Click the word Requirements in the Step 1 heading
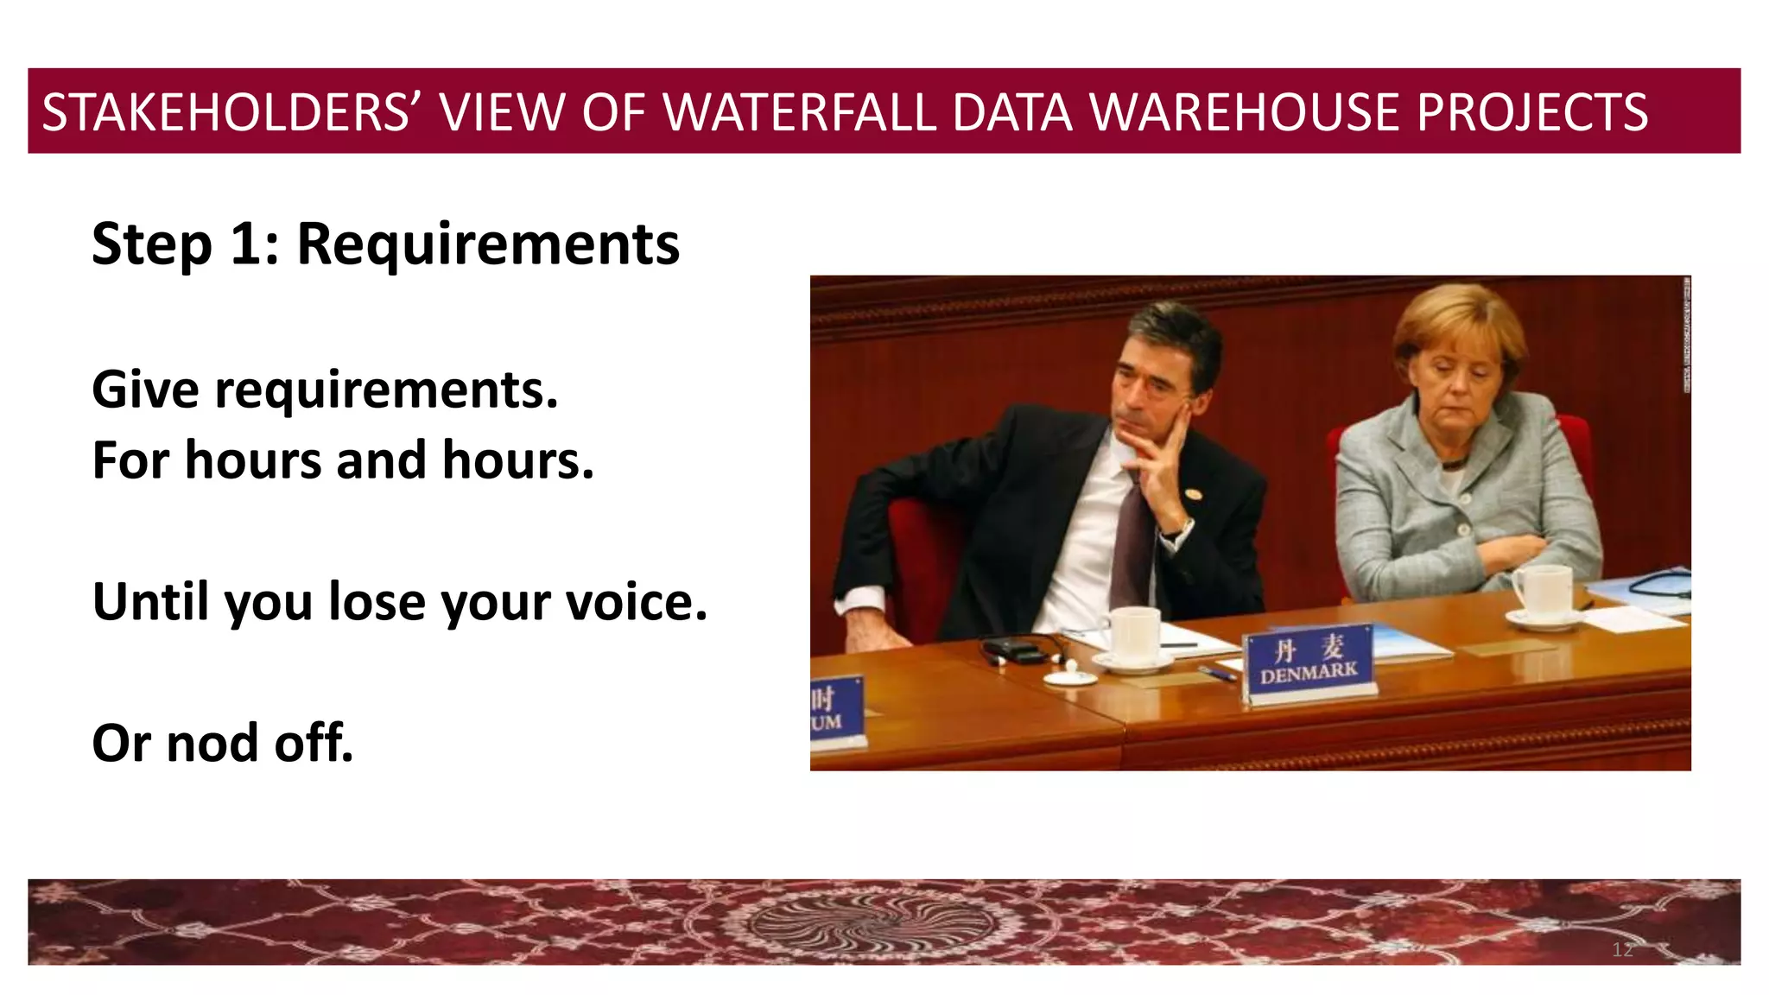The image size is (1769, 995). click(488, 244)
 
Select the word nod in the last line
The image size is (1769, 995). click(211, 744)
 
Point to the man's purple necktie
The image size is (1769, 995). click(1132, 544)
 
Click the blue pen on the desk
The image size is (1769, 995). click(1218, 674)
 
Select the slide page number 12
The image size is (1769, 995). click(1622, 950)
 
